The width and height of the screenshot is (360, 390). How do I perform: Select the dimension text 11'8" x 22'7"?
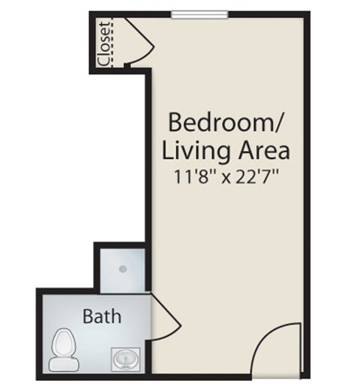pyautogui.click(x=226, y=176)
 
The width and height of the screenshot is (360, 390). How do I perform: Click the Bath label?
pyautogui.click(x=102, y=316)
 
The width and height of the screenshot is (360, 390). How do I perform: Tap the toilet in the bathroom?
pyautogui.click(x=64, y=349)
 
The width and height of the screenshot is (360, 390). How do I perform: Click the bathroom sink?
pyautogui.click(x=125, y=358)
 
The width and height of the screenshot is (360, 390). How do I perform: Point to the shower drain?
pyautogui.click(x=122, y=269)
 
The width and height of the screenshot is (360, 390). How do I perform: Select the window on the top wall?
pyautogui.click(x=199, y=14)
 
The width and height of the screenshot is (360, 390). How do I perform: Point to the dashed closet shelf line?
pyautogui.click(x=112, y=43)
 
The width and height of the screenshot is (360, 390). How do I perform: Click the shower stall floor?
pyautogui.click(x=122, y=270)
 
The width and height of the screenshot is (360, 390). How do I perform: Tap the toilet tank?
pyautogui.click(x=64, y=364)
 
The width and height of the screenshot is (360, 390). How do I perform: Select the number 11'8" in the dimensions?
pyautogui.click(x=195, y=176)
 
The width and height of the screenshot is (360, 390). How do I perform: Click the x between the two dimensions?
pyautogui.click(x=226, y=178)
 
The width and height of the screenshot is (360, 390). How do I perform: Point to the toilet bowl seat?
pyautogui.click(x=63, y=343)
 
